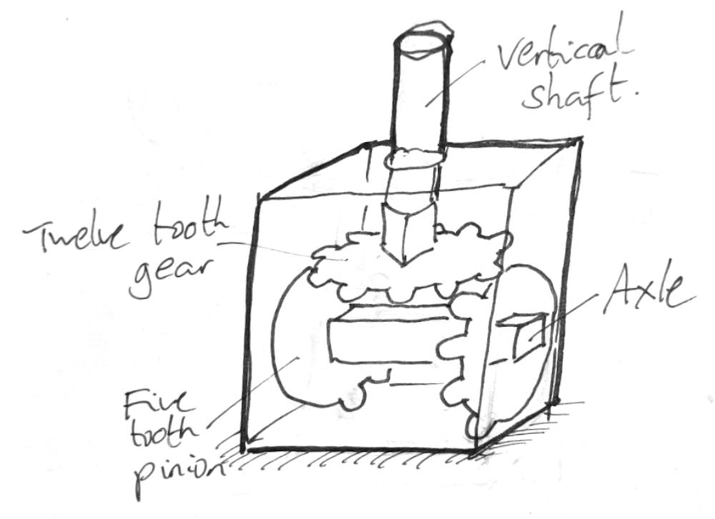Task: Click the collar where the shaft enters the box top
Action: pos(415,159)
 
